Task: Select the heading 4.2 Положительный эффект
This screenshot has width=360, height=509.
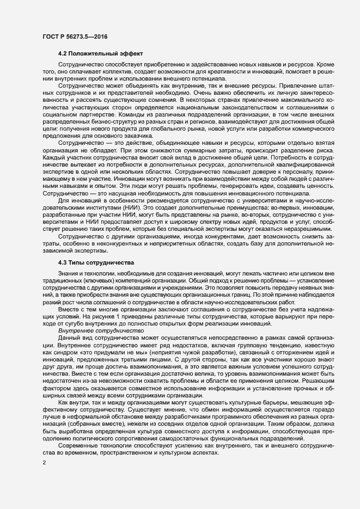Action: click(100, 54)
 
